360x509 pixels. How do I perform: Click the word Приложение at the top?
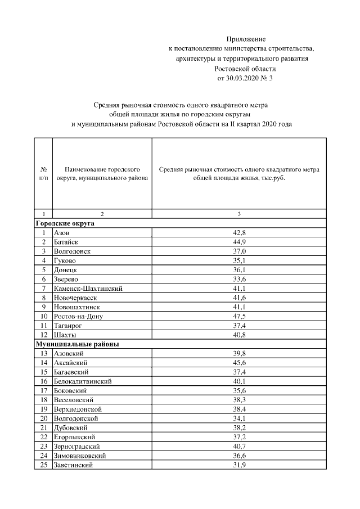tap(245, 39)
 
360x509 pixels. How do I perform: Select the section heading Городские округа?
tap(65, 223)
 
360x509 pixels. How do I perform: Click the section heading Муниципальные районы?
tap(77, 344)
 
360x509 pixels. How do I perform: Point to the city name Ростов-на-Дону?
tap(78, 316)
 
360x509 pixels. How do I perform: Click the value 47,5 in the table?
tap(238, 316)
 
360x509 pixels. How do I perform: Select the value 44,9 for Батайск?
tap(238, 242)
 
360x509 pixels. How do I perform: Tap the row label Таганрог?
tap(69, 325)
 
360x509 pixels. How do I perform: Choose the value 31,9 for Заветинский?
tap(238, 465)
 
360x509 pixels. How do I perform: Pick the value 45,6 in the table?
tap(238, 363)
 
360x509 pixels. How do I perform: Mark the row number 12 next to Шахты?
tap(43, 335)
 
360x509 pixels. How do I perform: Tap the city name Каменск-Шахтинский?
tap(88, 289)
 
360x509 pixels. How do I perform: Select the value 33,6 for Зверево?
tap(238, 279)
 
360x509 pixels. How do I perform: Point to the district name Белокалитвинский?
tap(83, 381)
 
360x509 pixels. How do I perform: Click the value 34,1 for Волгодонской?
tap(238, 418)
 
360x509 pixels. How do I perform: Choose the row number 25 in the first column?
tap(43, 465)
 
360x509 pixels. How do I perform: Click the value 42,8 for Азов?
tap(238, 232)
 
